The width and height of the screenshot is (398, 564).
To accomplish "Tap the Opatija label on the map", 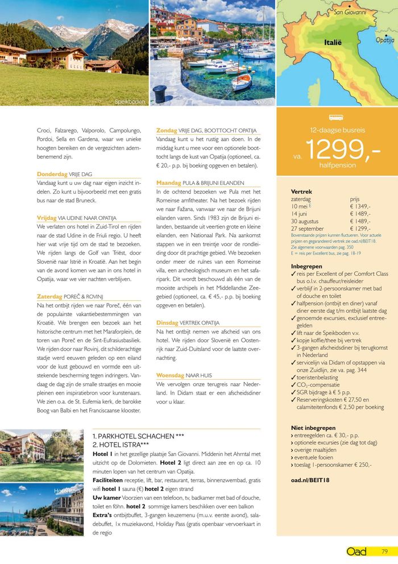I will tap(385, 40).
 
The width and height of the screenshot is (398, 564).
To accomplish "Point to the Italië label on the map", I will tap(333, 42).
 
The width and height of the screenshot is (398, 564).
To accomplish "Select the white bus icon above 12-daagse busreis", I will tap(336, 118).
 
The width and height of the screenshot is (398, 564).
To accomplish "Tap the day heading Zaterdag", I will tap(49, 296).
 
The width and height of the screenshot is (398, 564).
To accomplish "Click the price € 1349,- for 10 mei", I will tap(360, 206).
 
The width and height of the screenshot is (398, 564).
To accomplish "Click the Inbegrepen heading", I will tap(306, 266).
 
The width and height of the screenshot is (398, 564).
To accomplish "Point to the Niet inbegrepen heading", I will tap(313, 428).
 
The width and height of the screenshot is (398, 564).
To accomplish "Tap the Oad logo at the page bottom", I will tap(356, 551).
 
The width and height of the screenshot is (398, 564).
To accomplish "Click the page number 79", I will tap(384, 551).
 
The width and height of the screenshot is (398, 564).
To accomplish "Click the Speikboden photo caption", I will tap(130, 102).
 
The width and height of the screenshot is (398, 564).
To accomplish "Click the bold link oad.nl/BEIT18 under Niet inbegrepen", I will tap(310, 480).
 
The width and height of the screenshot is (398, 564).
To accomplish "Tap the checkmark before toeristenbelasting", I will tap(293, 377).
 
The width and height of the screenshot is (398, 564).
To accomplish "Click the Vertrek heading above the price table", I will tap(301, 192).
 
